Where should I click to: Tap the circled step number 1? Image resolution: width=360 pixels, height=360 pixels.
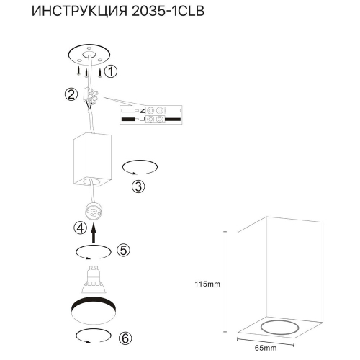[109, 71]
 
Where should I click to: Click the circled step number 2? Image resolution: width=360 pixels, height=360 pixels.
[71, 95]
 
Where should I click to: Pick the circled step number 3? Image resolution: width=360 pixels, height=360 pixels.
[140, 186]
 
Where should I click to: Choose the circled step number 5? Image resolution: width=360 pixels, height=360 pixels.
[123, 251]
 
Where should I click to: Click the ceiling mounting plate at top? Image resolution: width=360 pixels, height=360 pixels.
[86, 55]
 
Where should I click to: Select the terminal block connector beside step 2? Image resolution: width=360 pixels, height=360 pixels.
[91, 95]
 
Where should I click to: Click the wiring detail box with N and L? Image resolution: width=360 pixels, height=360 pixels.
[153, 114]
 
